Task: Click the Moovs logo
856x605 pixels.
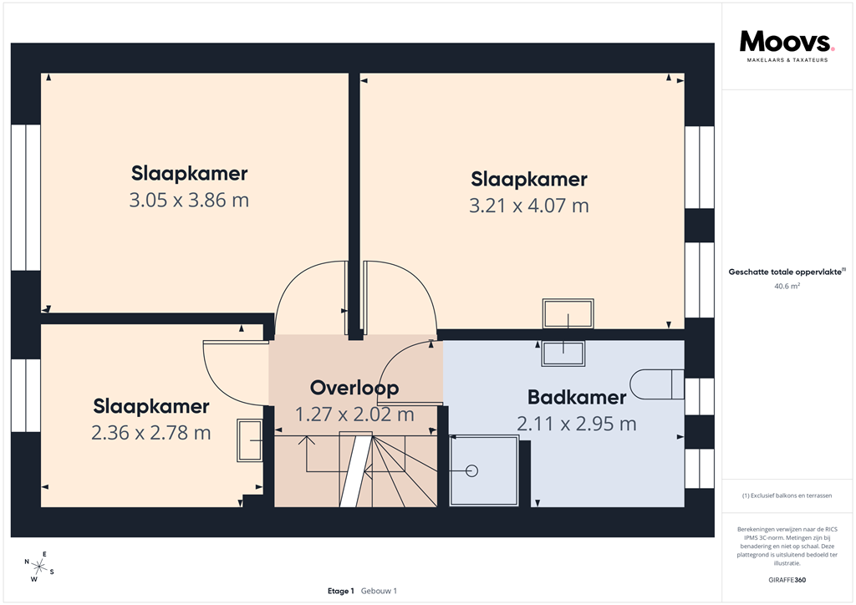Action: coord(787,46)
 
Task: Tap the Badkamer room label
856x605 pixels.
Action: coord(577,397)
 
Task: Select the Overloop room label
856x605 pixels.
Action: coord(354,388)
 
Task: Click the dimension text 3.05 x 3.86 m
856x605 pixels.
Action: coord(189,201)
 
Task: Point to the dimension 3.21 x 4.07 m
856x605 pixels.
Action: coord(529,206)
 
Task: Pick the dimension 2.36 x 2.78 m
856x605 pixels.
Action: coord(151,433)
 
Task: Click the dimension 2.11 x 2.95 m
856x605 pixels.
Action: coord(577,425)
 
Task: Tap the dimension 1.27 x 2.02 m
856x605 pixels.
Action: coord(354,414)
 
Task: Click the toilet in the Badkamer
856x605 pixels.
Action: coord(656,384)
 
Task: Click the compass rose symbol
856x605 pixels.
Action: coord(39,566)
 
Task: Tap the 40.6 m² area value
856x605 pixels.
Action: coord(787,286)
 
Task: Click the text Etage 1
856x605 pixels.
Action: coord(341,591)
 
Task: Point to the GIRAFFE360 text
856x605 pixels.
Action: coord(787,579)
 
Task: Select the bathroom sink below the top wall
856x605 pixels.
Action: coord(565,353)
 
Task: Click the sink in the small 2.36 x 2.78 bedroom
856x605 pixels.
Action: coord(250,440)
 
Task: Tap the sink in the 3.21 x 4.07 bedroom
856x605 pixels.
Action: coord(568,314)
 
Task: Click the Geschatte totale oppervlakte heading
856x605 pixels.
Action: coord(787,272)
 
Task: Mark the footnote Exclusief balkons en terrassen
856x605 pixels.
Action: coord(787,496)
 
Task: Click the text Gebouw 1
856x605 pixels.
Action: coord(379,591)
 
